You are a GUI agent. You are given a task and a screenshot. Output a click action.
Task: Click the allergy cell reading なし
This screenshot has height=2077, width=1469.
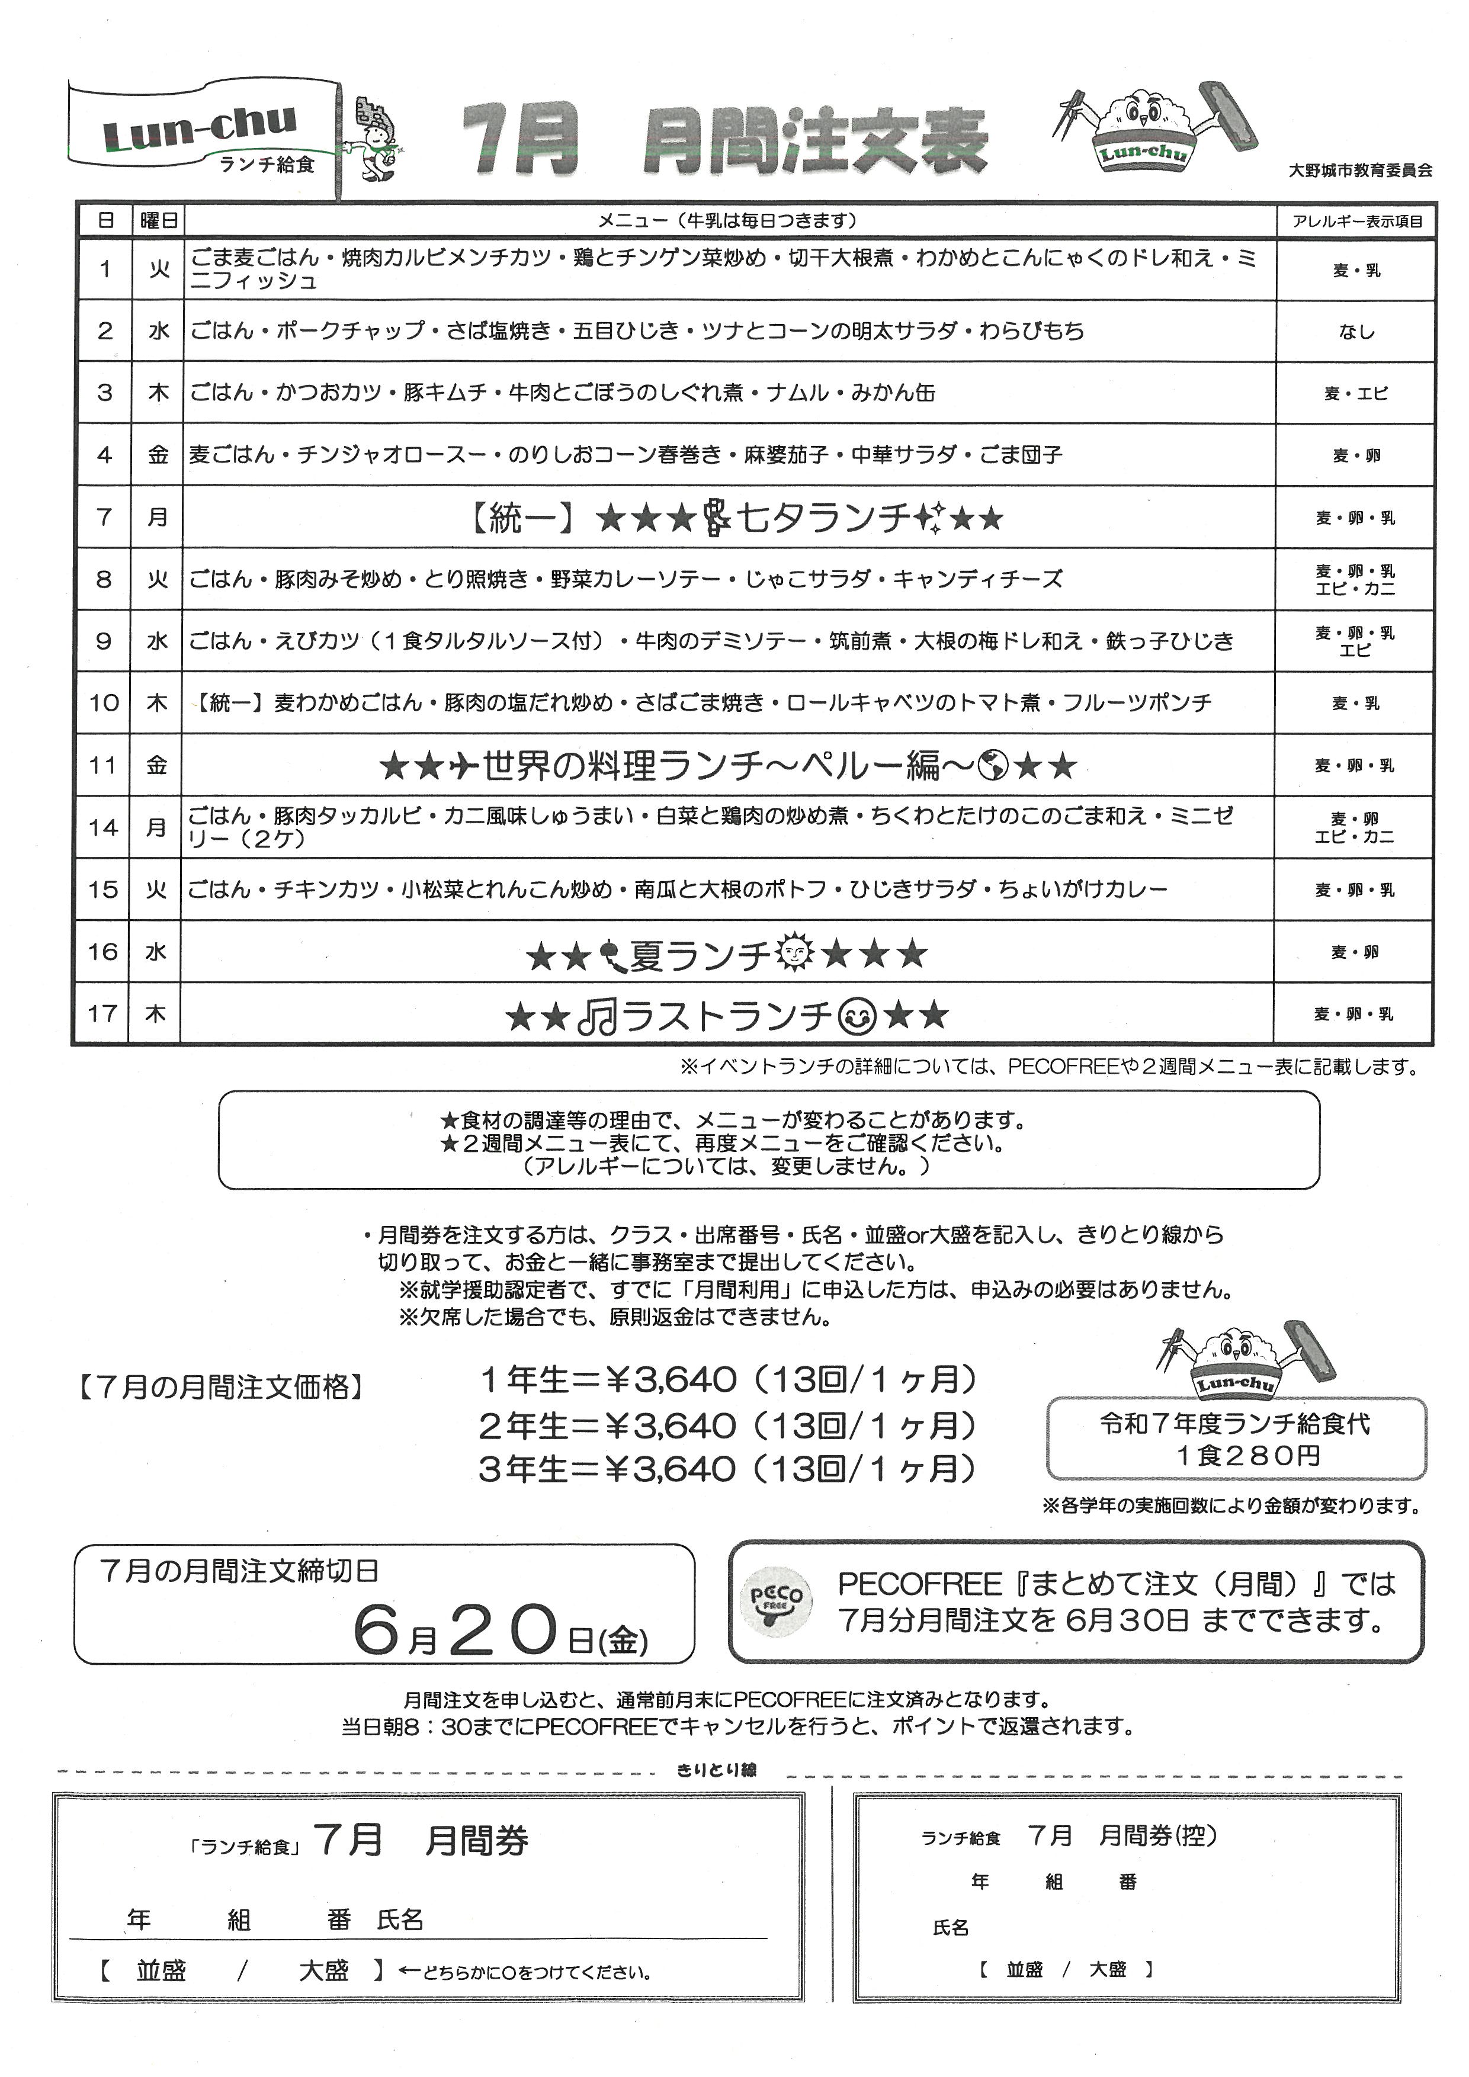(x=1356, y=332)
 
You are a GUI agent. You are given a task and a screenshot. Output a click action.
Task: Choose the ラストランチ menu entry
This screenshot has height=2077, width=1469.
(x=727, y=1016)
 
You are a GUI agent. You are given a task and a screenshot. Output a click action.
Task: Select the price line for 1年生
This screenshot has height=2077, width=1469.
(x=727, y=1379)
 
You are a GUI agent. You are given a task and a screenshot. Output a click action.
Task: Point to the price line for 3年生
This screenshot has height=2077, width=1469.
(x=727, y=1468)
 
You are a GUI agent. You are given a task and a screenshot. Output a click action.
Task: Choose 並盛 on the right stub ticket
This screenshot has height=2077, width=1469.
(x=1025, y=1969)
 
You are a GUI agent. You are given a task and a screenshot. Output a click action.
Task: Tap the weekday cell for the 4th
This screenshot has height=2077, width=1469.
(x=158, y=455)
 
